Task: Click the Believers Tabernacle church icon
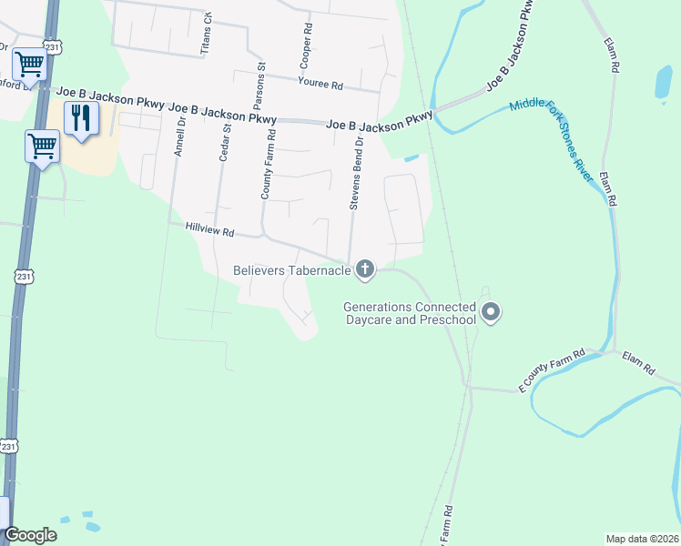tap(365, 268)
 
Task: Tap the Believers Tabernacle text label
tap(292, 269)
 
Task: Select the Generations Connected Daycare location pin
tap(491, 313)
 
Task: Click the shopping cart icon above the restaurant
tap(29, 65)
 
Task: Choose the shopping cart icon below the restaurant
tap(42, 146)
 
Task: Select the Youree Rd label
tap(320, 85)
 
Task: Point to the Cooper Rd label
tap(305, 47)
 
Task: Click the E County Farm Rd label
tap(551, 370)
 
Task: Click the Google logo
tap(30, 535)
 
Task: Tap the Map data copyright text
tap(641, 539)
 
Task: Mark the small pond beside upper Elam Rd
tap(663, 83)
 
